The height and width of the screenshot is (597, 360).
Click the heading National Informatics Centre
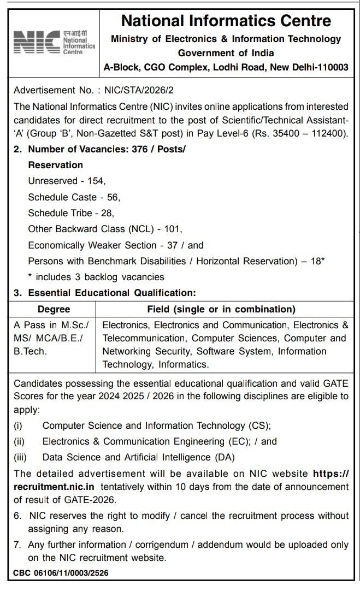tap(226, 21)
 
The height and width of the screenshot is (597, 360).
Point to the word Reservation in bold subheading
tap(56, 165)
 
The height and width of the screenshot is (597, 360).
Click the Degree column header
tap(54, 309)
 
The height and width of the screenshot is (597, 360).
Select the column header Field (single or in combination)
tap(221, 309)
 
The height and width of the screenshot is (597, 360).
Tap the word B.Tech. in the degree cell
tap(31, 351)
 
